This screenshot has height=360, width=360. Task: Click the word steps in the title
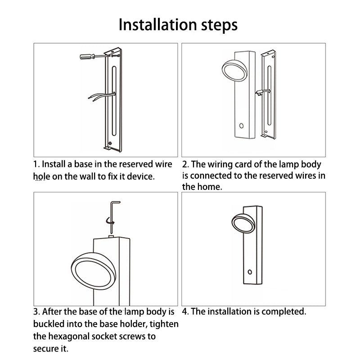(x=219, y=26)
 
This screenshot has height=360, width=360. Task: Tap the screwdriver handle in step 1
(x=87, y=56)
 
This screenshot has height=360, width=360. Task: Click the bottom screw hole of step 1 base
(x=110, y=143)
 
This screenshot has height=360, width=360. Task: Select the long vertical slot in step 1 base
(x=114, y=101)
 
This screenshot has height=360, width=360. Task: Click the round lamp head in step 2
(x=234, y=71)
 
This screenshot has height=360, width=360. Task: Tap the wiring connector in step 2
(x=260, y=93)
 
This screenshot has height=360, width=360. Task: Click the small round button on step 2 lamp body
(x=241, y=126)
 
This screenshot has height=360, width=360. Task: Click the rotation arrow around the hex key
(x=110, y=221)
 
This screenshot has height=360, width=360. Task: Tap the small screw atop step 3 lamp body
(x=111, y=236)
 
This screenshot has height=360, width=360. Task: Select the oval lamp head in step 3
(x=94, y=271)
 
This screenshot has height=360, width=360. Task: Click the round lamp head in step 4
(x=243, y=223)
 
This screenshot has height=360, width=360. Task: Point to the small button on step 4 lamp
(x=250, y=272)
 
